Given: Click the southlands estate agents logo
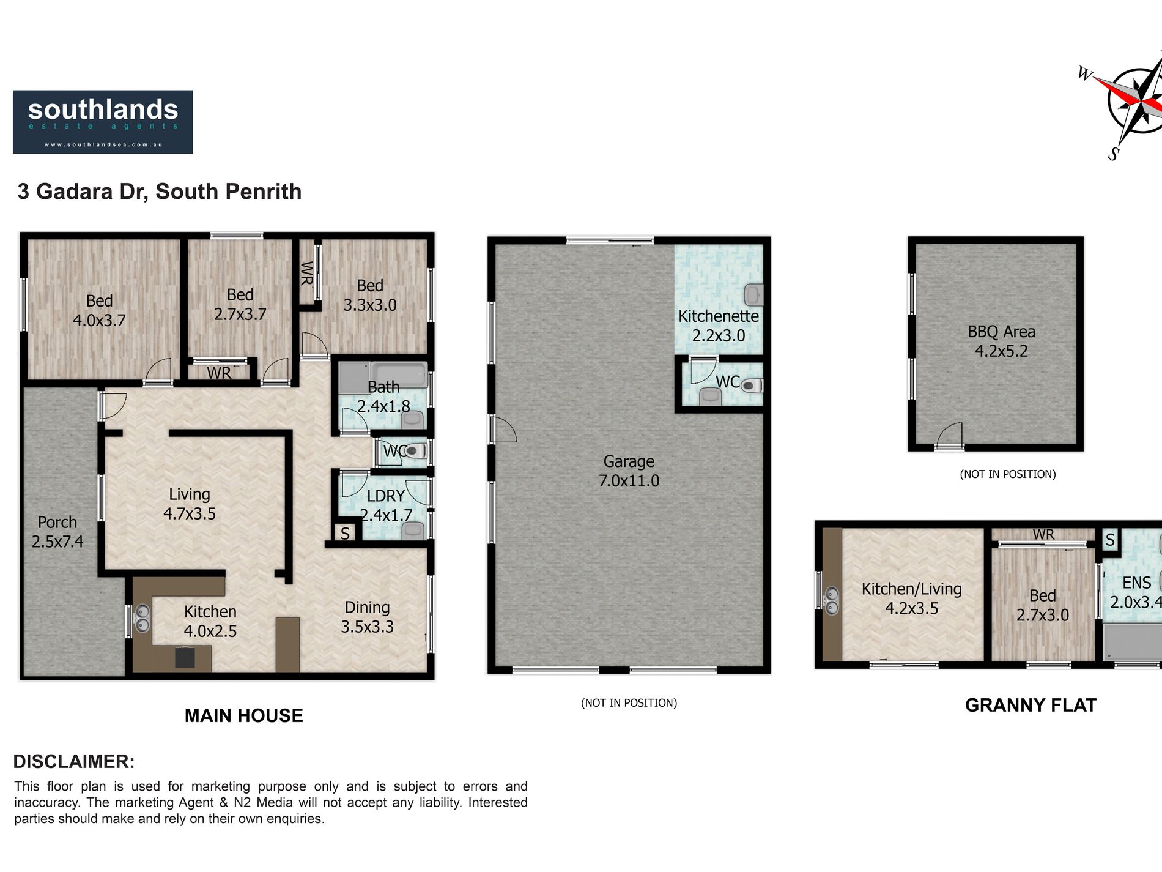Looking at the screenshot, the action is (x=103, y=122).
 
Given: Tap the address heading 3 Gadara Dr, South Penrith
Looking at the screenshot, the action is (x=160, y=192).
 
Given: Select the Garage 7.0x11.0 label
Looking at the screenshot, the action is (x=629, y=471).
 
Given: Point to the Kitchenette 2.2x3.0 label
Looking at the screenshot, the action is (x=719, y=326).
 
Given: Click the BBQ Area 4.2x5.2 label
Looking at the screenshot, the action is (x=1001, y=341).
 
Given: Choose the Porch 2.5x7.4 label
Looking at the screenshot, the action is (x=57, y=532).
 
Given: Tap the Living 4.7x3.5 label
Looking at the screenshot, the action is (x=190, y=504).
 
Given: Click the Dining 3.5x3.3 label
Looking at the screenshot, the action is (x=367, y=617).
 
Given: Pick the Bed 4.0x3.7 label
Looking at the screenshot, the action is (x=99, y=310).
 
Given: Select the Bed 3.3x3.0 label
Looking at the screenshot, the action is (x=370, y=295).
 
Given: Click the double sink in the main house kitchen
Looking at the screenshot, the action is (x=141, y=617).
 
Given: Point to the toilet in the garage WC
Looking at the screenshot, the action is (x=752, y=386).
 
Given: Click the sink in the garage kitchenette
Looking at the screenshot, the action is (x=753, y=295).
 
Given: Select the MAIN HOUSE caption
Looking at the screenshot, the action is (x=244, y=715).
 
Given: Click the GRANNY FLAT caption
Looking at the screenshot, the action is (x=1031, y=705).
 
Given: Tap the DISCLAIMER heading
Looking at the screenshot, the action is (x=74, y=761).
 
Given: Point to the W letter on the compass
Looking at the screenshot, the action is (x=1085, y=74).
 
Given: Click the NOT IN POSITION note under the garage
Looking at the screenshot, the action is (x=629, y=702).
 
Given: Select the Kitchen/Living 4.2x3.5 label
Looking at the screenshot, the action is (x=911, y=598).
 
